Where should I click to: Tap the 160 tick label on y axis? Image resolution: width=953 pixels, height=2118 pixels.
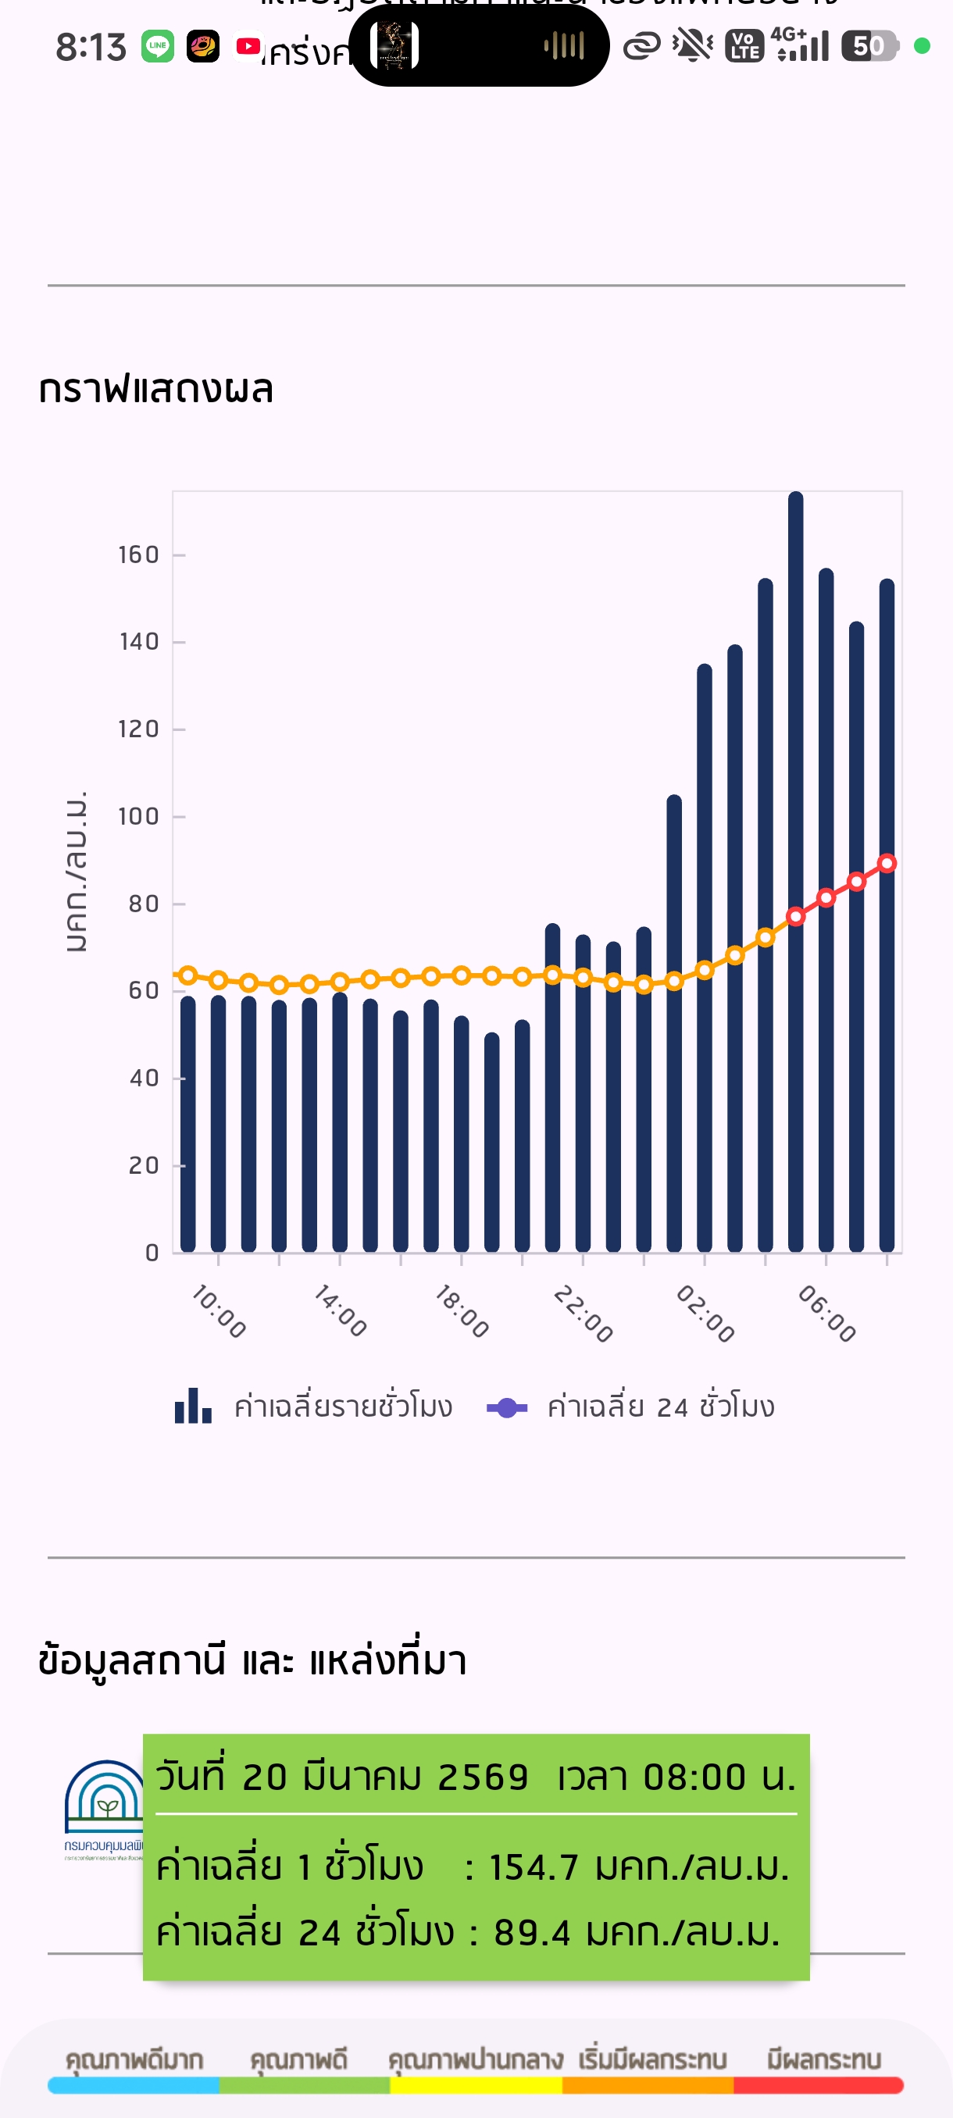[139, 555]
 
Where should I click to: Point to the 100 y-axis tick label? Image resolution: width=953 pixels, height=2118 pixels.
[139, 816]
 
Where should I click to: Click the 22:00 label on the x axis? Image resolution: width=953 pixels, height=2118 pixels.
[583, 1314]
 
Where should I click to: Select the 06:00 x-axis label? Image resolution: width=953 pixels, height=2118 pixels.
[826, 1314]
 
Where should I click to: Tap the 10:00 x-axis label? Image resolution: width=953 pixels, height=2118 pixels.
[219, 1312]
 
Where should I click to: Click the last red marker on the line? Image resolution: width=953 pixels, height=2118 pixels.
[887, 863]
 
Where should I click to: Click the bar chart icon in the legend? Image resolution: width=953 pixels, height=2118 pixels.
[193, 1406]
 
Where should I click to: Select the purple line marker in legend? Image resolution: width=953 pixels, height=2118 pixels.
[507, 1407]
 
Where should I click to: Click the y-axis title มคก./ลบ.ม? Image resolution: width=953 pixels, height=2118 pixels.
[76, 872]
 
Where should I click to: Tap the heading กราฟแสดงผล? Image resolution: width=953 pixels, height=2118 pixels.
[156, 389]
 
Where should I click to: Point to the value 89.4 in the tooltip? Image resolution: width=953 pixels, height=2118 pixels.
[531, 1933]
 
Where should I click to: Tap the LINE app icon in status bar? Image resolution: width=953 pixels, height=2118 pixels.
[157, 46]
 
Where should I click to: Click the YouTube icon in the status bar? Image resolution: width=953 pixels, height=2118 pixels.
[248, 46]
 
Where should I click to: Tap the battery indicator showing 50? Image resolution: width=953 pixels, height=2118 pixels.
[869, 46]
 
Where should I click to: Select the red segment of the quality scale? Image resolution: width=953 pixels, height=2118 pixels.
[818, 2085]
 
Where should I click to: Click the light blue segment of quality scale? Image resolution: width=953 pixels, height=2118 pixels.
[134, 2085]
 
